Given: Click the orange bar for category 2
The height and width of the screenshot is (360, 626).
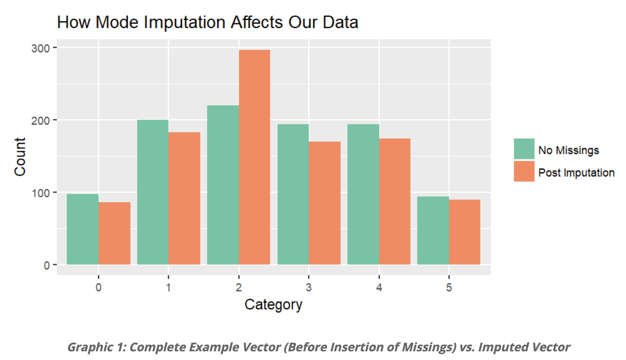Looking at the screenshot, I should (254, 157).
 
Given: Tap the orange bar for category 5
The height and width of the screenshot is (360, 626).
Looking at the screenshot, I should (465, 232).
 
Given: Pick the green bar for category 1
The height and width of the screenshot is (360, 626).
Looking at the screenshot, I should (153, 192).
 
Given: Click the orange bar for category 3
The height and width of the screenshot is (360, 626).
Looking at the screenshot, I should (324, 203).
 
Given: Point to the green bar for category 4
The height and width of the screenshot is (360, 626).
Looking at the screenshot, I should (363, 194).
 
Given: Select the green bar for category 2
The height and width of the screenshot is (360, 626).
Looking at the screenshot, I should (223, 185).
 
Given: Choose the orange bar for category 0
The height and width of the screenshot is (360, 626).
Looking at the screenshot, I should (114, 233).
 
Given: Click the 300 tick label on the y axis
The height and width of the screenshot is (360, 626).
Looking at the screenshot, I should (41, 48).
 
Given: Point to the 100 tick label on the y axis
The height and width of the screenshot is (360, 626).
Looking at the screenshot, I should (41, 193).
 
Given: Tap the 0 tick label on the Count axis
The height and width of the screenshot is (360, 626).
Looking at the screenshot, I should (46, 265).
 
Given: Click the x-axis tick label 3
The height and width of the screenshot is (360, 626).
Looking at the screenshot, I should (309, 288).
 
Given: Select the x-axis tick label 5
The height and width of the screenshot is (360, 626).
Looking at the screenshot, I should (449, 288).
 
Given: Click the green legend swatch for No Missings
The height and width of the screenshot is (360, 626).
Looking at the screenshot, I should (524, 149).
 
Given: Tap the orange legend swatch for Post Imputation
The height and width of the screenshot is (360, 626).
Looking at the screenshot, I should (524, 171).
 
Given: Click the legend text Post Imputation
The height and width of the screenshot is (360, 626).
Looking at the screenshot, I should (576, 173).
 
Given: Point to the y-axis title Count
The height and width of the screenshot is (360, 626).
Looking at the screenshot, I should (20, 157).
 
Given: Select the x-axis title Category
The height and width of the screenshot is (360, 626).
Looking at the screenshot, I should (273, 304).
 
